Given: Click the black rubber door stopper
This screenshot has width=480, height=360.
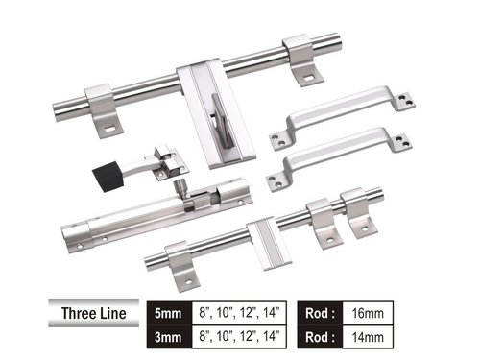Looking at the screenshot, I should (107, 178).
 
